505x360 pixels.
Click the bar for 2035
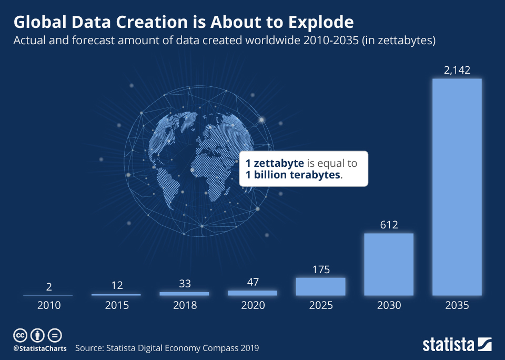(457, 187)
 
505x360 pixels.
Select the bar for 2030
(389, 264)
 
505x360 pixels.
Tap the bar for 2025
(320, 286)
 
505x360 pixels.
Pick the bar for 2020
(252, 293)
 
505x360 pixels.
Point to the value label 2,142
(457, 70)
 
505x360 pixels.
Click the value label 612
(389, 225)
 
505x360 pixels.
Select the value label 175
(320, 269)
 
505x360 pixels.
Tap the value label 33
(184, 284)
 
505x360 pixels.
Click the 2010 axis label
(48, 306)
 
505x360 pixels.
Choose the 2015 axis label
(116, 306)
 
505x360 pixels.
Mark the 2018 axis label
(184, 306)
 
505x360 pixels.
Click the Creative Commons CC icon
(20, 335)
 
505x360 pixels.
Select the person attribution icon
(37, 335)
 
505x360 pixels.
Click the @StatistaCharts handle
(40, 348)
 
